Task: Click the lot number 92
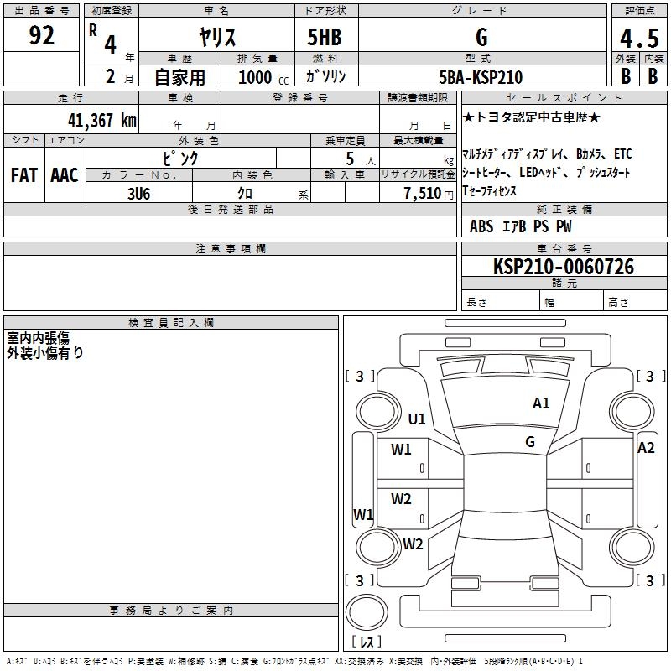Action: pyautogui.click(x=41, y=35)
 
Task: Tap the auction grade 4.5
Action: pyautogui.click(x=639, y=38)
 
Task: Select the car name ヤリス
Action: pyautogui.click(x=217, y=37)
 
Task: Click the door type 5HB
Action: pyautogui.click(x=325, y=37)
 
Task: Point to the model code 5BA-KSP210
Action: pyautogui.click(x=481, y=77)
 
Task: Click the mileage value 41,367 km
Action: pyautogui.click(x=101, y=120)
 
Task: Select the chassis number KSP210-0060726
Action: pyautogui.click(x=564, y=267)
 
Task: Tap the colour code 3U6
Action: pyautogui.click(x=138, y=194)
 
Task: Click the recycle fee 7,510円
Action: pyautogui.click(x=429, y=194)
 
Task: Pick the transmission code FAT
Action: pyautogui.click(x=24, y=175)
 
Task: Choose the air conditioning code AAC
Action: pyautogui.click(x=65, y=175)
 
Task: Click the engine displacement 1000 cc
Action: pyautogui.click(x=263, y=77)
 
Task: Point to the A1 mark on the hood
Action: pyautogui.click(x=541, y=403)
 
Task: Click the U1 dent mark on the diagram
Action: pyautogui.click(x=417, y=419)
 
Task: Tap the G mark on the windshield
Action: pyautogui.click(x=530, y=442)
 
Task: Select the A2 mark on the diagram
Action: pyautogui.click(x=646, y=448)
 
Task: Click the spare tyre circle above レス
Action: pyautogui.click(x=367, y=612)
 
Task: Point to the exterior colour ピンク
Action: pyautogui.click(x=180, y=159)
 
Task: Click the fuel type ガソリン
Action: pyautogui.click(x=325, y=76)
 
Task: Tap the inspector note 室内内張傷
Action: pyautogui.click(x=38, y=338)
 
